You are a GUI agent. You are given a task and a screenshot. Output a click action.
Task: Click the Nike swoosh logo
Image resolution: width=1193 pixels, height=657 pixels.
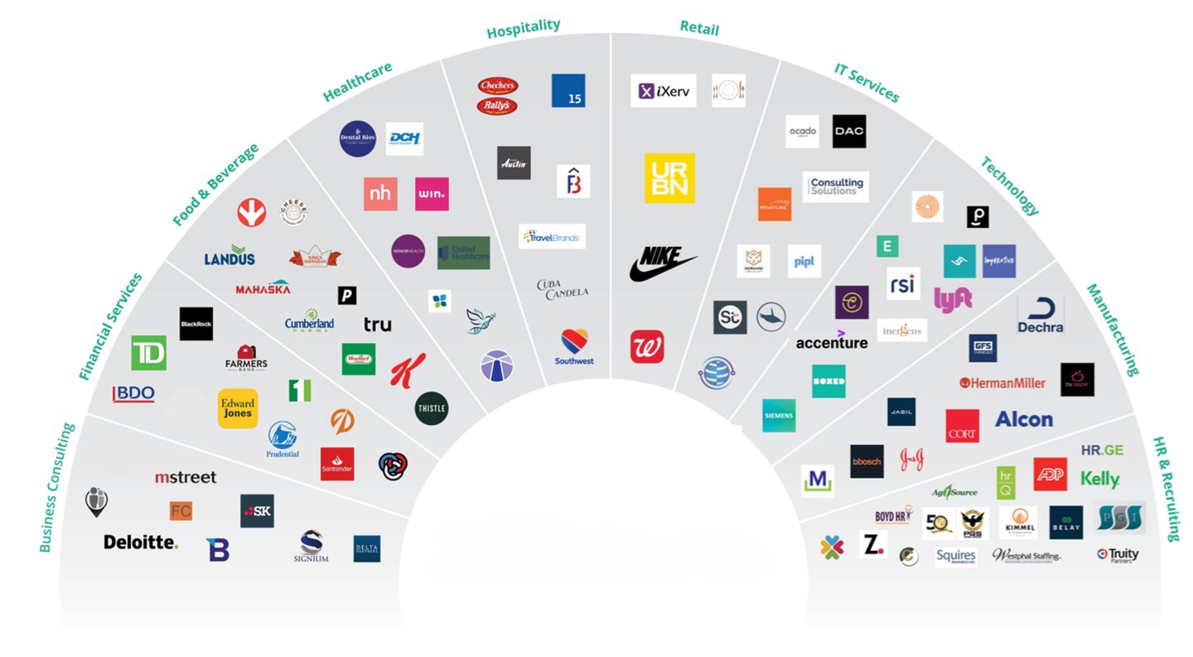pos(662,263)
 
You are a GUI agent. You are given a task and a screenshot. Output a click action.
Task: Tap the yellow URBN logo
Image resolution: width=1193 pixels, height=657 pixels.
pos(669,178)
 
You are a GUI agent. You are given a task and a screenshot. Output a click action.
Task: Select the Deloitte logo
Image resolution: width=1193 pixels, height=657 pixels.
pos(140,542)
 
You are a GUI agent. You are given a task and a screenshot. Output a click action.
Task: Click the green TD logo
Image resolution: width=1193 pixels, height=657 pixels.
pos(148,353)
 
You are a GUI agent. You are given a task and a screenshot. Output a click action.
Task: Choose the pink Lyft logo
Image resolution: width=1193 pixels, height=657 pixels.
pos(953,298)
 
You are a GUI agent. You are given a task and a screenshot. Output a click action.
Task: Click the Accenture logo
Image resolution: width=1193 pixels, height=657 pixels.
pos(832,341)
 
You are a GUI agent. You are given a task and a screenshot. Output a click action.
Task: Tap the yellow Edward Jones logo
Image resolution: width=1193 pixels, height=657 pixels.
pos(238,408)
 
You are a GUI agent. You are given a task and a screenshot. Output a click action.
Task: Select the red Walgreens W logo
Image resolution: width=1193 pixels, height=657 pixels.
pos(647,346)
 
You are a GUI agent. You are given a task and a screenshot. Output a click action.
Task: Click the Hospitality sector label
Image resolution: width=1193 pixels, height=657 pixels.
pos(523,28)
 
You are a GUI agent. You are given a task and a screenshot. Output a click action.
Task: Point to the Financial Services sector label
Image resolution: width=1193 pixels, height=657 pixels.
pos(111,326)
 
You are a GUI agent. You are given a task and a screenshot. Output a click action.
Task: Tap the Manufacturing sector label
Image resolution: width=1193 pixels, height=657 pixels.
pos(1113,330)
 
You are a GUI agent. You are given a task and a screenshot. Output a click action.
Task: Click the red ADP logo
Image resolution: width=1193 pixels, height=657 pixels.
pos(1050,474)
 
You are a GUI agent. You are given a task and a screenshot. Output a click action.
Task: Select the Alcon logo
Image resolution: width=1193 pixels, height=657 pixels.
pos(1023,419)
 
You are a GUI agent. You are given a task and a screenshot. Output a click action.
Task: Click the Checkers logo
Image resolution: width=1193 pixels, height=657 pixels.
pos(498,85)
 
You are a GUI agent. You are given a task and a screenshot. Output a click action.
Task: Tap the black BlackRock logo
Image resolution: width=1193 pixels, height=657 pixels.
pos(196,324)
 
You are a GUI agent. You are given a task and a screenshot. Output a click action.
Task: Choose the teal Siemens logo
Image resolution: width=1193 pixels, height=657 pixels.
pos(779,415)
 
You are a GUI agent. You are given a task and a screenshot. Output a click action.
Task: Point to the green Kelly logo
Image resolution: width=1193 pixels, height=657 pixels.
pos(1100,479)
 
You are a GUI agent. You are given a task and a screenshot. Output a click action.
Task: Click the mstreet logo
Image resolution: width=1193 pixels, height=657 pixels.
pos(186,477)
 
